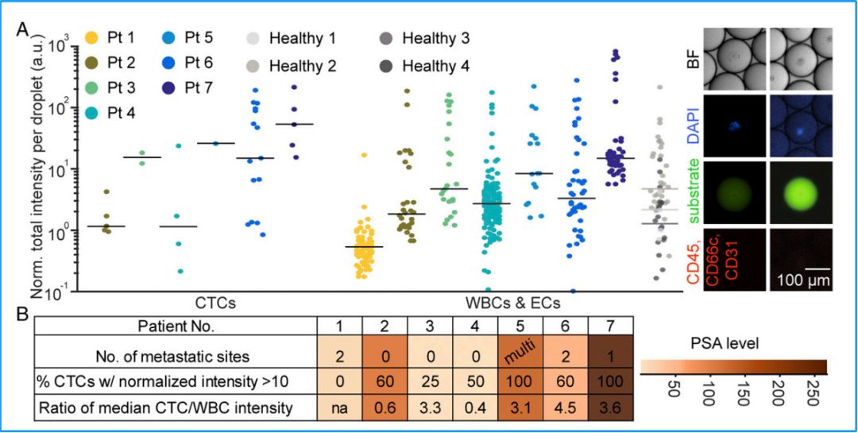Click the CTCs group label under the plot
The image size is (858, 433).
point(219,303)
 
